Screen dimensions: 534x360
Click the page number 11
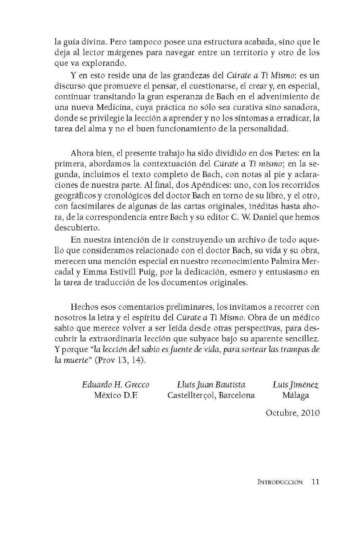(x=316, y=469)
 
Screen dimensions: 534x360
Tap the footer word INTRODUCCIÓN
(x=280, y=469)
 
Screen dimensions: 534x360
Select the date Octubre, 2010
(x=292, y=412)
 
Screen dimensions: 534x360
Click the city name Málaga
(x=295, y=395)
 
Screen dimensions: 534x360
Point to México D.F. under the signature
(x=116, y=395)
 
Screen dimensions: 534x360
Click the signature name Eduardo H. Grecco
(x=116, y=384)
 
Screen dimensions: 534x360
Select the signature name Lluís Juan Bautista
(x=211, y=384)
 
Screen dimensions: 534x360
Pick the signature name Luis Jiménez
(x=295, y=384)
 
